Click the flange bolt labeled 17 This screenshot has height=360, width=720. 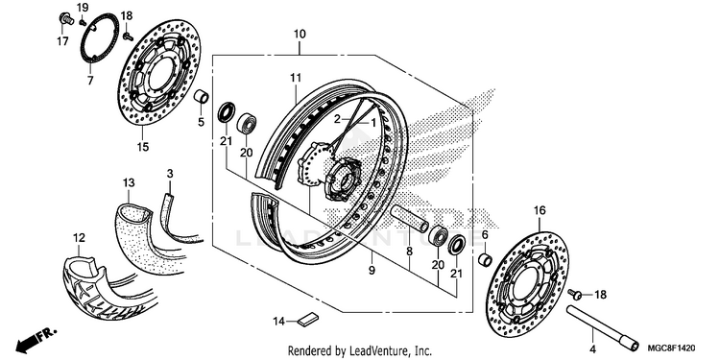65,19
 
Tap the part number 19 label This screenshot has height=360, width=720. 83,8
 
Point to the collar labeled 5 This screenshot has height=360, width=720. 201,97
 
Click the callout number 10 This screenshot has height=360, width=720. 300,35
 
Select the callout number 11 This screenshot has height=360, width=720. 295,78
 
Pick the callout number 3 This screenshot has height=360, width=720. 170,174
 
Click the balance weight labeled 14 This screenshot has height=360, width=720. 308,319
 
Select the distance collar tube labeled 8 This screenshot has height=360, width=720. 410,219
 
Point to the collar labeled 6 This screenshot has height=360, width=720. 486,259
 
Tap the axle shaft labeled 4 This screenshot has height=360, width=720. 602,329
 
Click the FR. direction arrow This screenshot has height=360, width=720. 37,339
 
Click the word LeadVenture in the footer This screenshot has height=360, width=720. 372,351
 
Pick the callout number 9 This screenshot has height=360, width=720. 372,270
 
